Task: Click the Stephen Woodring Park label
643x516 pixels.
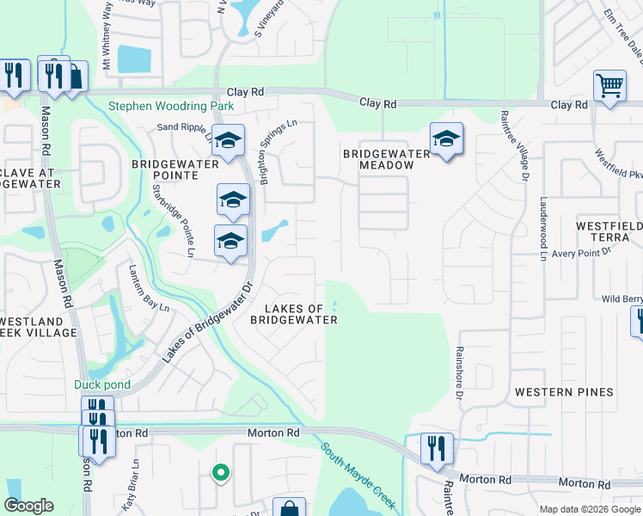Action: tap(171, 107)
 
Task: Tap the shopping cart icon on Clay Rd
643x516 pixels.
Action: tap(609, 86)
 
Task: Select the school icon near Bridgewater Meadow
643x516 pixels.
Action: tap(446, 139)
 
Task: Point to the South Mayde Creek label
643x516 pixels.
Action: tap(352, 474)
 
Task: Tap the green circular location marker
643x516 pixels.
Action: tap(221, 471)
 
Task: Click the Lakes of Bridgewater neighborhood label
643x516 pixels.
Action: tap(293, 314)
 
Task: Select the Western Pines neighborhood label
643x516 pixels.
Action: tap(564, 392)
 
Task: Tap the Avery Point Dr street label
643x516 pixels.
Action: tap(580, 252)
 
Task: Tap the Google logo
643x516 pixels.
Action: tap(29, 506)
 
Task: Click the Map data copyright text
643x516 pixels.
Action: tap(589, 509)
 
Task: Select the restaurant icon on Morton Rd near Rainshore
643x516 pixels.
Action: tap(438, 449)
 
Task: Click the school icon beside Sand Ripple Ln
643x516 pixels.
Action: tap(229, 140)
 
